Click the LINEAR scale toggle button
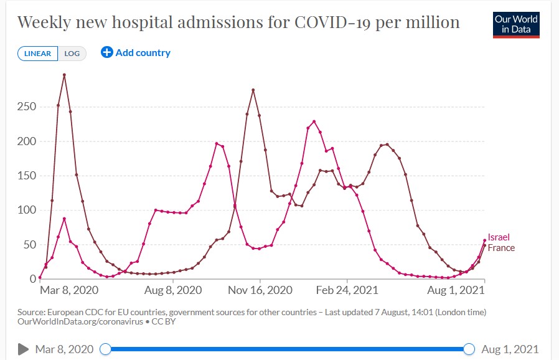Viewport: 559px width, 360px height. (38, 54)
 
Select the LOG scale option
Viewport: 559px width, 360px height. (72, 54)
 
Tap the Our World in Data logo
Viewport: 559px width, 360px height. (516, 24)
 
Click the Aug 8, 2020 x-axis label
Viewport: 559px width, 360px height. (172, 290)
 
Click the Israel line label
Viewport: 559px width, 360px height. (499, 238)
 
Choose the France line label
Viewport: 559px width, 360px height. (501, 248)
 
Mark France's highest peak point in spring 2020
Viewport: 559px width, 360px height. (65, 75)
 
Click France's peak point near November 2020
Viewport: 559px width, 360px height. (253, 90)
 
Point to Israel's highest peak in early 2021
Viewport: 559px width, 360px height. (314, 121)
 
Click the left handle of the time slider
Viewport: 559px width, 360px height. (106, 349)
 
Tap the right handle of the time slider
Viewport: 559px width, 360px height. (469, 349)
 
